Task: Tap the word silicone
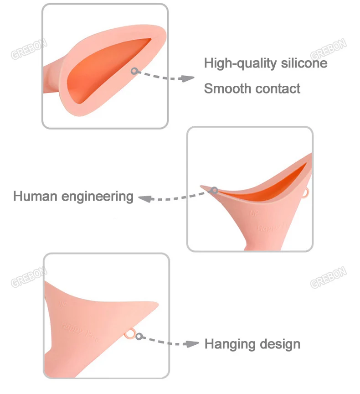[302, 63]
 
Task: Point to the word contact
[276, 88]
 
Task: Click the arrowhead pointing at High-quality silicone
[187, 78]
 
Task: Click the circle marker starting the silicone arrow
[134, 71]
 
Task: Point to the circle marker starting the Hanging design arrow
[139, 337]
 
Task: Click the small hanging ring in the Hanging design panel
[130, 335]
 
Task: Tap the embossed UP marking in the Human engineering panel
[253, 212]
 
